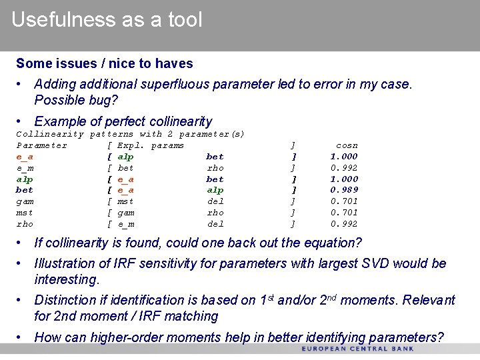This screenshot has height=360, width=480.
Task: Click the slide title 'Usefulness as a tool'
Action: pos(107,20)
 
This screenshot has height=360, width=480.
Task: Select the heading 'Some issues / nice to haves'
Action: pos(104,64)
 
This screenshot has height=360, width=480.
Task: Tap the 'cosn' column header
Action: pos(347,145)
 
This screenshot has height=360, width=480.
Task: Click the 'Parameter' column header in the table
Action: pos(41,145)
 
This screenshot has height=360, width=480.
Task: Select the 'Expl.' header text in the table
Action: pos(131,145)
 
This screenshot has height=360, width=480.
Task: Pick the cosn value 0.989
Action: pos(344,190)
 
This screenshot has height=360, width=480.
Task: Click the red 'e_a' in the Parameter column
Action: pos(25,157)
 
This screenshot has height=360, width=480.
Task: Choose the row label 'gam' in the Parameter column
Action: pos(25,201)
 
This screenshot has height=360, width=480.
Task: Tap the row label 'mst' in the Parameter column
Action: pos(25,213)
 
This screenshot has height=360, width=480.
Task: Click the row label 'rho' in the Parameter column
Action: pos(25,224)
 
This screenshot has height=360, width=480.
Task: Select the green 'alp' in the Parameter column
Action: pos(25,179)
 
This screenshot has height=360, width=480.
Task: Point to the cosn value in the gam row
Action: pos(344,201)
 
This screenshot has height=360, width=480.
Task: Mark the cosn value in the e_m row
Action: pos(344,168)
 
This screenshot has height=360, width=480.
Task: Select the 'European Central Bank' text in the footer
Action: pos(357,349)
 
